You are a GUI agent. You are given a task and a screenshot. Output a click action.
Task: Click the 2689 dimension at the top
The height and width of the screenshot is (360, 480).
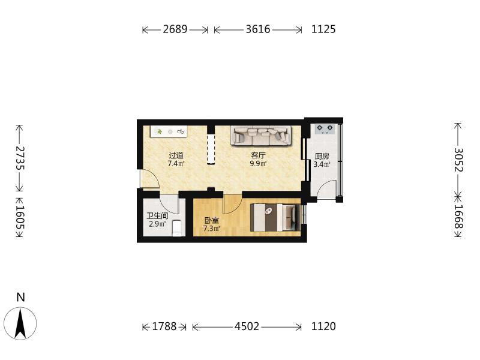pos(175,29)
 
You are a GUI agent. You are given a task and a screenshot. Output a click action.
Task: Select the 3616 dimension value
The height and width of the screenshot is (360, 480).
pos(258,29)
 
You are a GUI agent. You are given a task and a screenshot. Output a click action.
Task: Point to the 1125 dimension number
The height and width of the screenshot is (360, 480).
pos(323,29)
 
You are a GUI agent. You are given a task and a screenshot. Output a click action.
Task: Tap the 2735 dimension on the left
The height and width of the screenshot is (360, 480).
pos(20,158)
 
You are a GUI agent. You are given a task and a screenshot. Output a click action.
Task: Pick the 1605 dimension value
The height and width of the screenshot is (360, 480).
pos(20,217)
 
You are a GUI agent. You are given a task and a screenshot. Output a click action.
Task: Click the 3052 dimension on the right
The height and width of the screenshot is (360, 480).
pos(458,160)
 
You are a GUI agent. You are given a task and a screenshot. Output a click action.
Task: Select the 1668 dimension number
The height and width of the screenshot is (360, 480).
pos(458,217)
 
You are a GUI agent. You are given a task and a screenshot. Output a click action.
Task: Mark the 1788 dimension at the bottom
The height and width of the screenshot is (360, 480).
pos(164,326)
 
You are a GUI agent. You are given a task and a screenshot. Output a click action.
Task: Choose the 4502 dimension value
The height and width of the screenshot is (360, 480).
pos(247,326)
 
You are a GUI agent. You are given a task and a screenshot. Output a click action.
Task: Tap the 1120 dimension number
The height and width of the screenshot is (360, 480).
pos(323,326)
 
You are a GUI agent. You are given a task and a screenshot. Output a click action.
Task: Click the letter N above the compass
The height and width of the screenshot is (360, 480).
pos(20,297)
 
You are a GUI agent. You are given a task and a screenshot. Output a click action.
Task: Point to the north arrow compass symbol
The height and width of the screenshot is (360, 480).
pos(20,323)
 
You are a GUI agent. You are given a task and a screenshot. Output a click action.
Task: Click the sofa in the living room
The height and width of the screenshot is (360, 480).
pos(260,136)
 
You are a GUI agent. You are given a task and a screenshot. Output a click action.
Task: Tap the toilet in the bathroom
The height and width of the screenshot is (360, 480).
pos(178,228)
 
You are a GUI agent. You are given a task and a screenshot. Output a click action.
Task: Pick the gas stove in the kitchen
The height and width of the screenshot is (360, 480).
pos(325,129)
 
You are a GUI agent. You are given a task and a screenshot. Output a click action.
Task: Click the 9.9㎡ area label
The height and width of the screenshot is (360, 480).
pos(258,163)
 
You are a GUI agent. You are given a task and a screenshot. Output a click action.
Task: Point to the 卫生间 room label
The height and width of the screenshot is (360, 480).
pos(157,216)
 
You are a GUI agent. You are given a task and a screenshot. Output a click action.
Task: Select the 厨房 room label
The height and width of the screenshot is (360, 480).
pos(322,157)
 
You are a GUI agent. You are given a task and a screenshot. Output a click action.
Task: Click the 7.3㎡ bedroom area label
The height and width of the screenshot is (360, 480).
pos(212,229)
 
